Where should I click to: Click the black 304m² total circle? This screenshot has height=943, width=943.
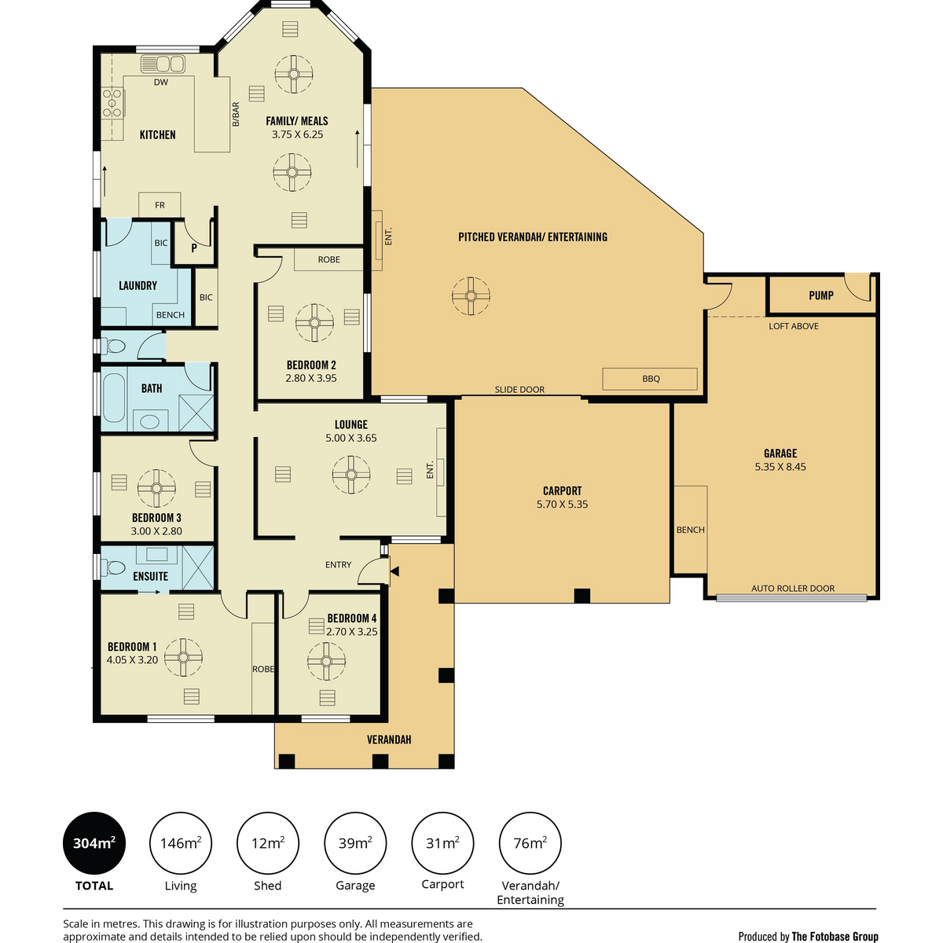94,842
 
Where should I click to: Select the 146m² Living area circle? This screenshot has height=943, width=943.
181,842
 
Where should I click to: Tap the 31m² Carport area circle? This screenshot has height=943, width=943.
442,842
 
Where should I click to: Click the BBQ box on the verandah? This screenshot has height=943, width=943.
649,379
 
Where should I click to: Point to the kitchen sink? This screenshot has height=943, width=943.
163,64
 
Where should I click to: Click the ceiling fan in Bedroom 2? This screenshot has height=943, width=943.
314,322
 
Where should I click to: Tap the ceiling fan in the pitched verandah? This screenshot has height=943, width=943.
470,296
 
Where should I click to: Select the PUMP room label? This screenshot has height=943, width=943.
820,295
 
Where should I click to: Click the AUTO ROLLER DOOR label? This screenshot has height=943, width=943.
793,589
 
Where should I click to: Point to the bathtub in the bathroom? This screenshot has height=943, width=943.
114,398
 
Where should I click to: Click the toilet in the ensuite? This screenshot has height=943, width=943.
113,567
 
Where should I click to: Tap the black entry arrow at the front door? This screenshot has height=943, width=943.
394,571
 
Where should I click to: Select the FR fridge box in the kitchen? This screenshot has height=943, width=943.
160,204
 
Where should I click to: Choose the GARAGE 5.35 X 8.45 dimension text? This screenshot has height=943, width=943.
780,467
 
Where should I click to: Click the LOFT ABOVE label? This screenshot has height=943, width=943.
793,326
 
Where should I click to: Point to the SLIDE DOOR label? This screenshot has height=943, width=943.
519,390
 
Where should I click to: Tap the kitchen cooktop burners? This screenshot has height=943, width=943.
112,103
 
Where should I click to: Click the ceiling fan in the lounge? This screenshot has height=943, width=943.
350,475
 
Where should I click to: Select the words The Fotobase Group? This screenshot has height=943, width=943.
835,936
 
